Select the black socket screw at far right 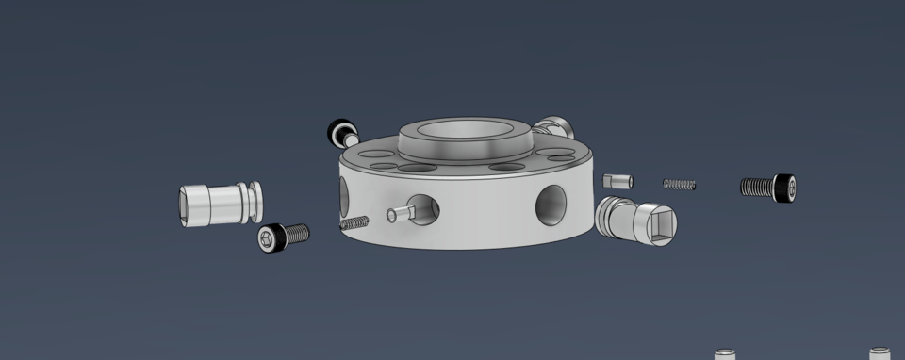[x=768, y=187]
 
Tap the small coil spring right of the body [x=679, y=184]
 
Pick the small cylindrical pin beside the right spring [x=617, y=181]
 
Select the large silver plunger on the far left [x=220, y=203]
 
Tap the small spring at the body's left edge [x=354, y=222]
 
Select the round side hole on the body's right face [x=551, y=205]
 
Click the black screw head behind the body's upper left [x=338, y=132]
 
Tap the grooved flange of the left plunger [x=253, y=202]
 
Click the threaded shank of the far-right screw [x=756, y=187]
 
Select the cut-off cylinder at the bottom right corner [x=880, y=354]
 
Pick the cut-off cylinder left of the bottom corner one [x=724, y=355]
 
